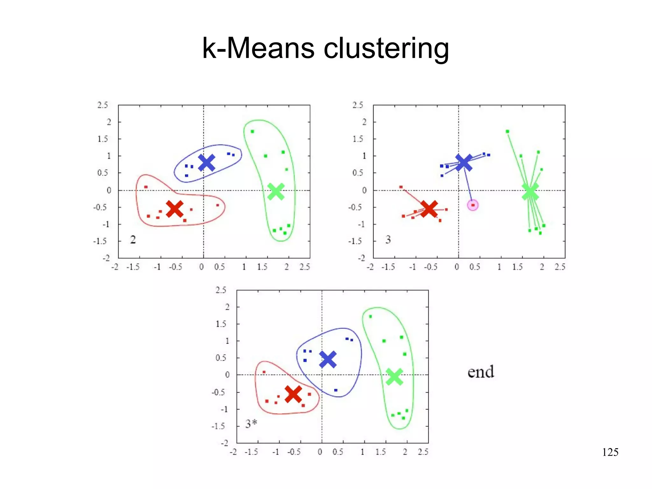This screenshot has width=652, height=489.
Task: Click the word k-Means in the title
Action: (258, 48)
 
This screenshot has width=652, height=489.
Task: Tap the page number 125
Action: (610, 452)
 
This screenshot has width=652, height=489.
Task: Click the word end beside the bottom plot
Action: (481, 372)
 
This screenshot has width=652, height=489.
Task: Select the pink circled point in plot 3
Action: (473, 205)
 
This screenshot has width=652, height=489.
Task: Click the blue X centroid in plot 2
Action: (207, 162)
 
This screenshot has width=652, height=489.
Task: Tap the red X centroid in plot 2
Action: (174, 209)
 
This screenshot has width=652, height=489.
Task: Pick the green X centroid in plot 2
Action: (276, 191)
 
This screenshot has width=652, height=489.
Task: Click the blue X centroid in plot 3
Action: (464, 162)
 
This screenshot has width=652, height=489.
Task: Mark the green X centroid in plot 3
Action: (530, 191)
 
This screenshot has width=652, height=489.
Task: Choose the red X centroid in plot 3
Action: (429, 209)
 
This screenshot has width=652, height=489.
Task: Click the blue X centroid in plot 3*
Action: (328, 360)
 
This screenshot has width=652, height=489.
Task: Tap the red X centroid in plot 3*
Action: (293, 394)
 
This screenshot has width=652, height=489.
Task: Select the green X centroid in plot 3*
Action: (394, 377)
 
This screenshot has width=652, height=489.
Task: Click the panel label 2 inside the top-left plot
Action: (133, 240)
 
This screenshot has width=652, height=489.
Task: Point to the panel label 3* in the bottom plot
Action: (251, 424)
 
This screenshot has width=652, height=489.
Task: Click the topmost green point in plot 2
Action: (252, 131)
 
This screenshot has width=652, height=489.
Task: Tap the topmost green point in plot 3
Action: (507, 131)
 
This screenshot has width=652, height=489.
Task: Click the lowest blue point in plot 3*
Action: (336, 390)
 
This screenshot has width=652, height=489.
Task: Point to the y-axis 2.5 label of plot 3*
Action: (221, 290)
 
